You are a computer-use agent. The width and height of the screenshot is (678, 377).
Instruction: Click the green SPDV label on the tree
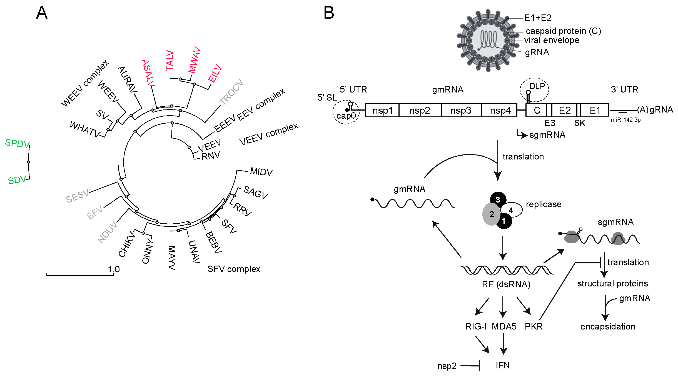click(x=17, y=143)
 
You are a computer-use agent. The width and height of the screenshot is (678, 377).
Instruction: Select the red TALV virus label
click(x=169, y=61)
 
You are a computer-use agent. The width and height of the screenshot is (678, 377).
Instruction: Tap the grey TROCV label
click(x=231, y=92)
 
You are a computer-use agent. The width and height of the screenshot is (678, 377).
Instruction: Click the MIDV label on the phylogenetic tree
click(x=261, y=172)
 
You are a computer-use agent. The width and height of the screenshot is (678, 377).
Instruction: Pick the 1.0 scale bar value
click(x=114, y=269)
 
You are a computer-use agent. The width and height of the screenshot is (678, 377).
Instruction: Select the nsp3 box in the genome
click(x=461, y=110)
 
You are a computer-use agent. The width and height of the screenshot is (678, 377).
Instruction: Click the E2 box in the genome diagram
click(x=565, y=110)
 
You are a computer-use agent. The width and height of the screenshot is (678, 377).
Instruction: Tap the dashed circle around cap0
click(x=346, y=112)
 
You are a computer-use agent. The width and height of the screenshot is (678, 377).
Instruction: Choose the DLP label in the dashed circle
click(x=537, y=86)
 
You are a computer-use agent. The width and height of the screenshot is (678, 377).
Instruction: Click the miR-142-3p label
click(x=625, y=120)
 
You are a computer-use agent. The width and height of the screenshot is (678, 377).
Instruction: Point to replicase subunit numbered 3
click(x=498, y=199)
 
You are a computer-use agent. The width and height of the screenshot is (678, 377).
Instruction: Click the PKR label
click(x=534, y=326)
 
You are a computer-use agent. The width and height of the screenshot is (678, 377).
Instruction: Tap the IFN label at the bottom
click(x=503, y=365)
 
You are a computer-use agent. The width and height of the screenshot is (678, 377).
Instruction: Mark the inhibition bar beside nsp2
click(x=479, y=366)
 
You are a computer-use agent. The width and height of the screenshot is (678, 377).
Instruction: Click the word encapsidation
click(x=608, y=326)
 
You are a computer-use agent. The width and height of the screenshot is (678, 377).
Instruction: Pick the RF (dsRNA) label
click(x=506, y=284)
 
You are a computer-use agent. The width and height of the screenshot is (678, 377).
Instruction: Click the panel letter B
click(x=329, y=13)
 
